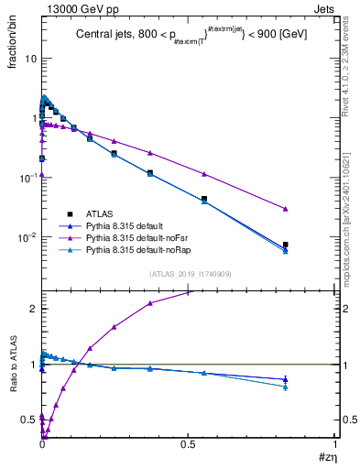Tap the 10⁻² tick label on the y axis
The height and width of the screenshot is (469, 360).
pos(27,236)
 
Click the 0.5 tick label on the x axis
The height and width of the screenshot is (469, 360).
pos(189,446)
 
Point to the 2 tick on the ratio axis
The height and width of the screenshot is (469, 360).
pos(34,309)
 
